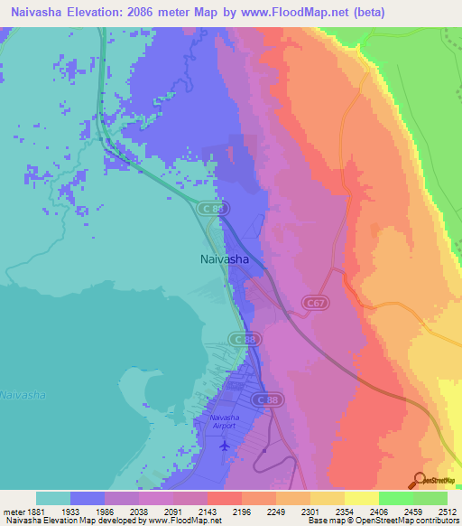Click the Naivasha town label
(x=224, y=258)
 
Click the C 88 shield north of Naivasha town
(x=211, y=209)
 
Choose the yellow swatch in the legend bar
(x=361, y=498)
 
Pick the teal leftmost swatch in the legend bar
(x=53, y=498)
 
